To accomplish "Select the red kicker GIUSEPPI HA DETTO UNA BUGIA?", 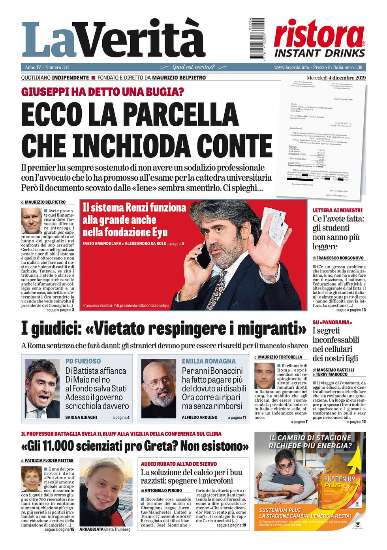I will (x=103, y=92).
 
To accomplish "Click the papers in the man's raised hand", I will (x=275, y=222).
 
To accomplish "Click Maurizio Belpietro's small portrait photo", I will (x=31, y=221).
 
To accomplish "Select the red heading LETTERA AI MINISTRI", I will (x=337, y=210).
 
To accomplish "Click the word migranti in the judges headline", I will (x=268, y=329).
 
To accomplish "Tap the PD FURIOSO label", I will (x=83, y=361).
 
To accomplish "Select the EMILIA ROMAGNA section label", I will (x=209, y=361).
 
